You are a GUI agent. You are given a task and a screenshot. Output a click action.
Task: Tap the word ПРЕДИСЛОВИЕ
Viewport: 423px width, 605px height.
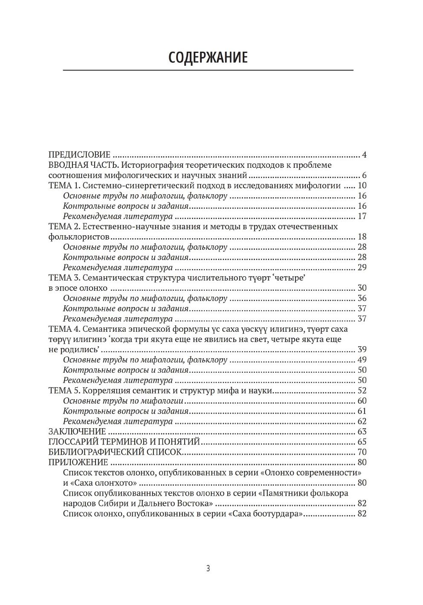pos(80,155)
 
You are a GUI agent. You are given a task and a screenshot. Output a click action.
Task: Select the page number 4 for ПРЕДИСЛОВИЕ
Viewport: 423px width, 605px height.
pos(364,155)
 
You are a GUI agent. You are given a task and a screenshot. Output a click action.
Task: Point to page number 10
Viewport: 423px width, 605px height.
pos(362,185)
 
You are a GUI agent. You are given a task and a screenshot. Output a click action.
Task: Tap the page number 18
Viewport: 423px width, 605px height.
pos(362,237)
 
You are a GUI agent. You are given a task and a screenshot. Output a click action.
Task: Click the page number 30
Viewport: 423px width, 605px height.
pos(362,288)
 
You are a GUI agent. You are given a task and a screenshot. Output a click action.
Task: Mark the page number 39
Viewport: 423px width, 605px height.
pos(362,349)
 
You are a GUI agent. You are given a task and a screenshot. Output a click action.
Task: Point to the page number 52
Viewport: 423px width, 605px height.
pos(362,390)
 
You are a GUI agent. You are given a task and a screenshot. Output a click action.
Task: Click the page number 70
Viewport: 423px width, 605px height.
pos(362,452)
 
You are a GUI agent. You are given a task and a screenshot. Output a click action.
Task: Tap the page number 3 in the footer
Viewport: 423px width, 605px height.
pos(208,568)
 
